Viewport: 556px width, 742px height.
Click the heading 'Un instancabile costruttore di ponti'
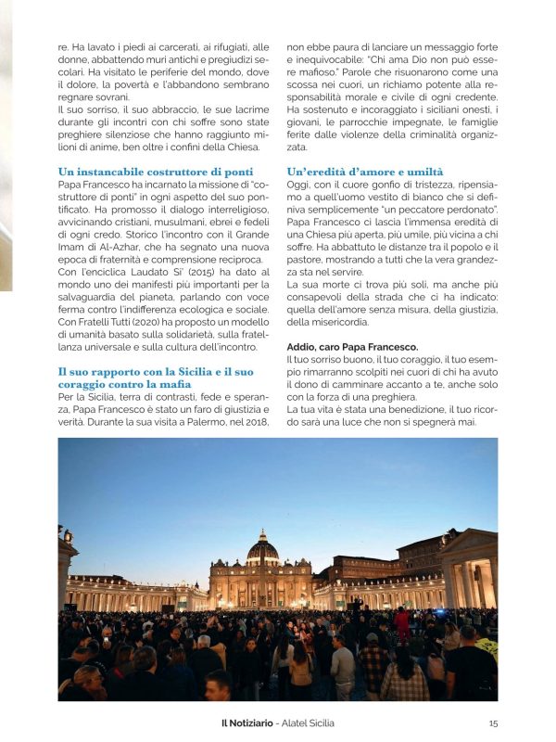tap(155, 172)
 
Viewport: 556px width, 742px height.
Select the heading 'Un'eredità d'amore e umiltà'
tap(365, 172)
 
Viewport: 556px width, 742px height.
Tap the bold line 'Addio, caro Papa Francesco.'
tap(340, 347)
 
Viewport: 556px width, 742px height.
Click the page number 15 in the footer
tap(493, 723)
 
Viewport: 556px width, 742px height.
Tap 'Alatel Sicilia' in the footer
tap(303, 723)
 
